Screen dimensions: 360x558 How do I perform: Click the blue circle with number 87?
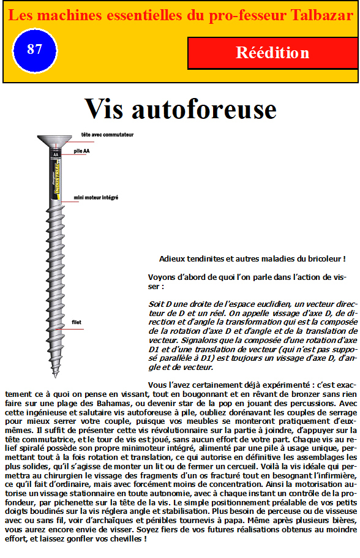coord(34,50)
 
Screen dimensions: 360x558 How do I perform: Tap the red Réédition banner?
coord(272,53)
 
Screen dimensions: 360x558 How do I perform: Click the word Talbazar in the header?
coord(321,15)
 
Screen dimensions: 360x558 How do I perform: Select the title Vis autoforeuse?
coord(181,109)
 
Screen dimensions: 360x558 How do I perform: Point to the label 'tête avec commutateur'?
coord(107,135)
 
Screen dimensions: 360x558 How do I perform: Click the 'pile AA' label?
coord(81,151)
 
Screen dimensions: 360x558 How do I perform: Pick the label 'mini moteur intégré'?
coord(96,197)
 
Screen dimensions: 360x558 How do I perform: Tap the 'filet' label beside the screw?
coord(77,322)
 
